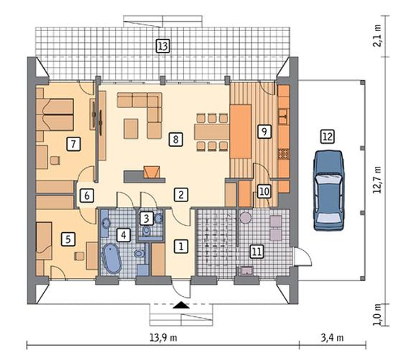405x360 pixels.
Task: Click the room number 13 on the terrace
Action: [x=163, y=46]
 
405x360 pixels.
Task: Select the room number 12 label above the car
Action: [x=327, y=137]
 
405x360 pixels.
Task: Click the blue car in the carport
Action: [x=329, y=191]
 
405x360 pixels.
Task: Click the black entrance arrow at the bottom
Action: [x=181, y=305]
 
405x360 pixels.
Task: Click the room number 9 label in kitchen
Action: [x=264, y=131]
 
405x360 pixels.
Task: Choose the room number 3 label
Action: [x=146, y=218]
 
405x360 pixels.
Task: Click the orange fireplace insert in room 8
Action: [x=151, y=172]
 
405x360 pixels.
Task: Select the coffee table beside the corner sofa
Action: [x=131, y=129]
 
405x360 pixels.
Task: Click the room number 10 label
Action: [x=264, y=192]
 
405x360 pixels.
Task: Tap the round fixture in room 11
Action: [x=246, y=218]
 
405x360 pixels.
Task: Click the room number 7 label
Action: [x=73, y=144]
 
